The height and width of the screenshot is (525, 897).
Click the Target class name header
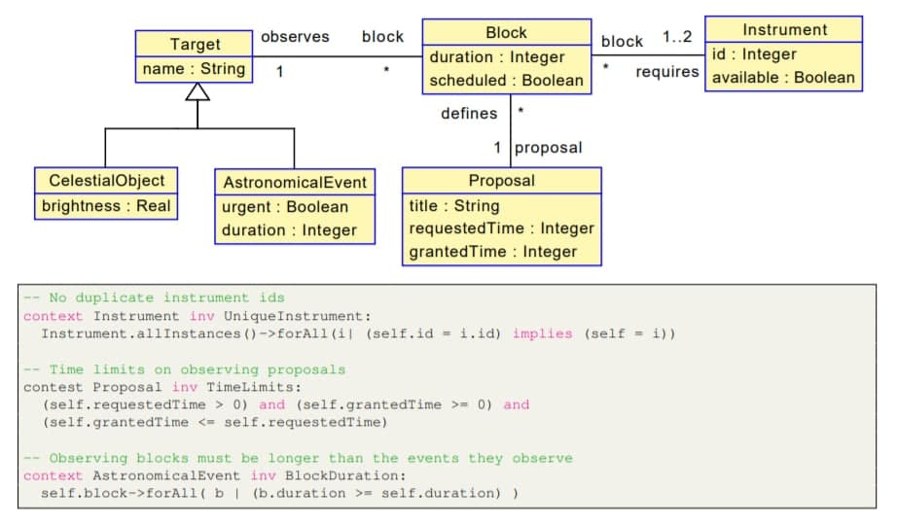point(195,44)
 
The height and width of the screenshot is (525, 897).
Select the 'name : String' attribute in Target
point(195,69)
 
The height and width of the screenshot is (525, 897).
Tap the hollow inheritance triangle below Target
point(197,91)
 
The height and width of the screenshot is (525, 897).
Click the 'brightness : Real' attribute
point(106,205)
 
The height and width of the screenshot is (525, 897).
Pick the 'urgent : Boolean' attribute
point(284,207)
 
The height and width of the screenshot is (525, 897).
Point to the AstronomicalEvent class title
point(295,183)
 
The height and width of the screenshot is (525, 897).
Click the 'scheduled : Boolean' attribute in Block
point(507,81)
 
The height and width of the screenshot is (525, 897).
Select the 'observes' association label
point(295,37)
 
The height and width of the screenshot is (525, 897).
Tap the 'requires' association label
point(667,72)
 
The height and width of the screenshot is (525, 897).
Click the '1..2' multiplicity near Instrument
point(676,38)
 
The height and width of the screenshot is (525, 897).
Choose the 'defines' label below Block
point(469,114)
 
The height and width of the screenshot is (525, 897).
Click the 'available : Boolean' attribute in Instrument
point(783,78)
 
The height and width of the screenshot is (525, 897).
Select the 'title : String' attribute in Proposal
point(454,206)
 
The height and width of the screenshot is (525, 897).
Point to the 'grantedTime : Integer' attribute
point(493,252)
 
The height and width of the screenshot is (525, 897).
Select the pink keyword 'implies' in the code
point(542,333)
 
